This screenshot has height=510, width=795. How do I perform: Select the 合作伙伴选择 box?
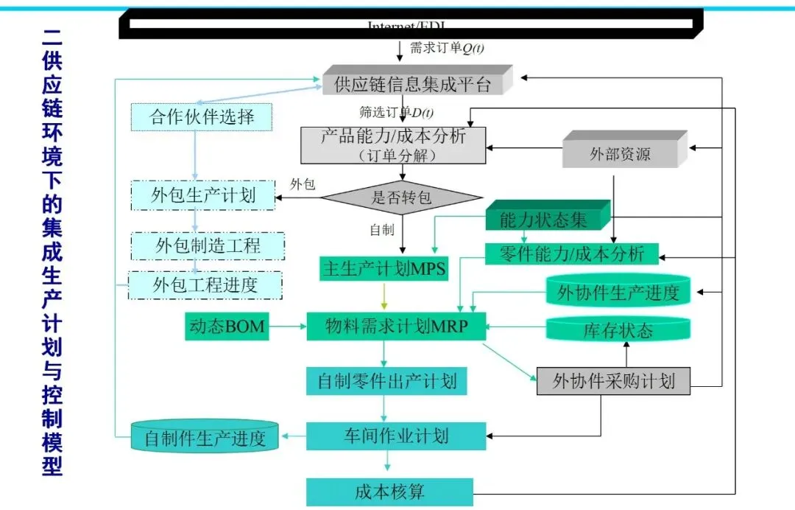coord(202,117)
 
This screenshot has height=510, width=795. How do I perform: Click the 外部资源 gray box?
coord(621,155)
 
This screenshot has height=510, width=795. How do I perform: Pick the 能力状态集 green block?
coord(543,219)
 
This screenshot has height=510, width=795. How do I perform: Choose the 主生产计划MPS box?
coord(384,269)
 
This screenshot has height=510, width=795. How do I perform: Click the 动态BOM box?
coord(226,326)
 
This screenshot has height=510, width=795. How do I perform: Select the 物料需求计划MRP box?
coord(396,326)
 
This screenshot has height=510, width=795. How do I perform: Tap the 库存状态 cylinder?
coord(618,330)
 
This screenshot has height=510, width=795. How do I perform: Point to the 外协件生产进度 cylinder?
coord(618,293)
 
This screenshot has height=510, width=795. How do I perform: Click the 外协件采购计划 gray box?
coord(612,381)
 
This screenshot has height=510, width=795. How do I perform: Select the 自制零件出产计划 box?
coord(386,381)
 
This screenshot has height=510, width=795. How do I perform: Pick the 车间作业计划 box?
coord(395,436)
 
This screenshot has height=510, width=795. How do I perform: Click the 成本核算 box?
coord(389,492)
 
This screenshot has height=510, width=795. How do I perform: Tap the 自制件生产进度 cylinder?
coord(205,439)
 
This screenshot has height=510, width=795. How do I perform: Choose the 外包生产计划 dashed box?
coord(203,195)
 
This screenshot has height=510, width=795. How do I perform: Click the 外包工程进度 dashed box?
coord(205,284)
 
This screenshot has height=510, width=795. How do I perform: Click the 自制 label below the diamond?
coord(382,230)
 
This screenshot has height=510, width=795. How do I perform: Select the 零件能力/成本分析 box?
coord(571,254)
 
